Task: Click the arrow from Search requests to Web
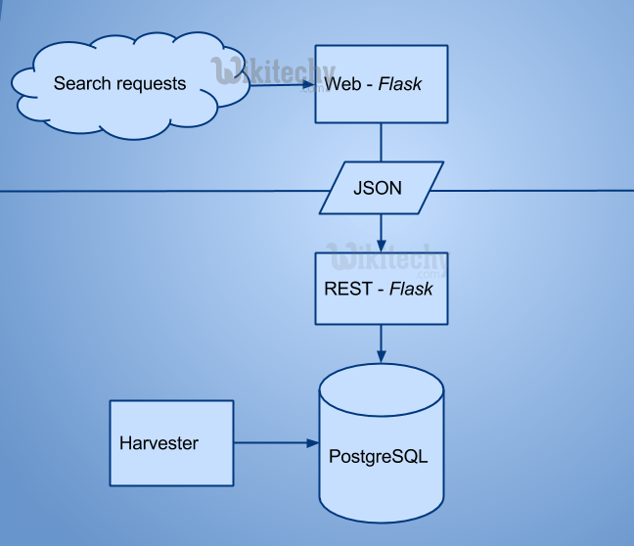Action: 284,84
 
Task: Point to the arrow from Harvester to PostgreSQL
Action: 279,443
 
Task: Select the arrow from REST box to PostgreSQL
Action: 381,342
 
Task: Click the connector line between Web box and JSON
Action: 381,142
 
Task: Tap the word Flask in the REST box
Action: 411,290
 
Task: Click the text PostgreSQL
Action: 379,457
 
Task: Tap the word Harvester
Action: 158,443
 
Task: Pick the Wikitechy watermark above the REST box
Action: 386,260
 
